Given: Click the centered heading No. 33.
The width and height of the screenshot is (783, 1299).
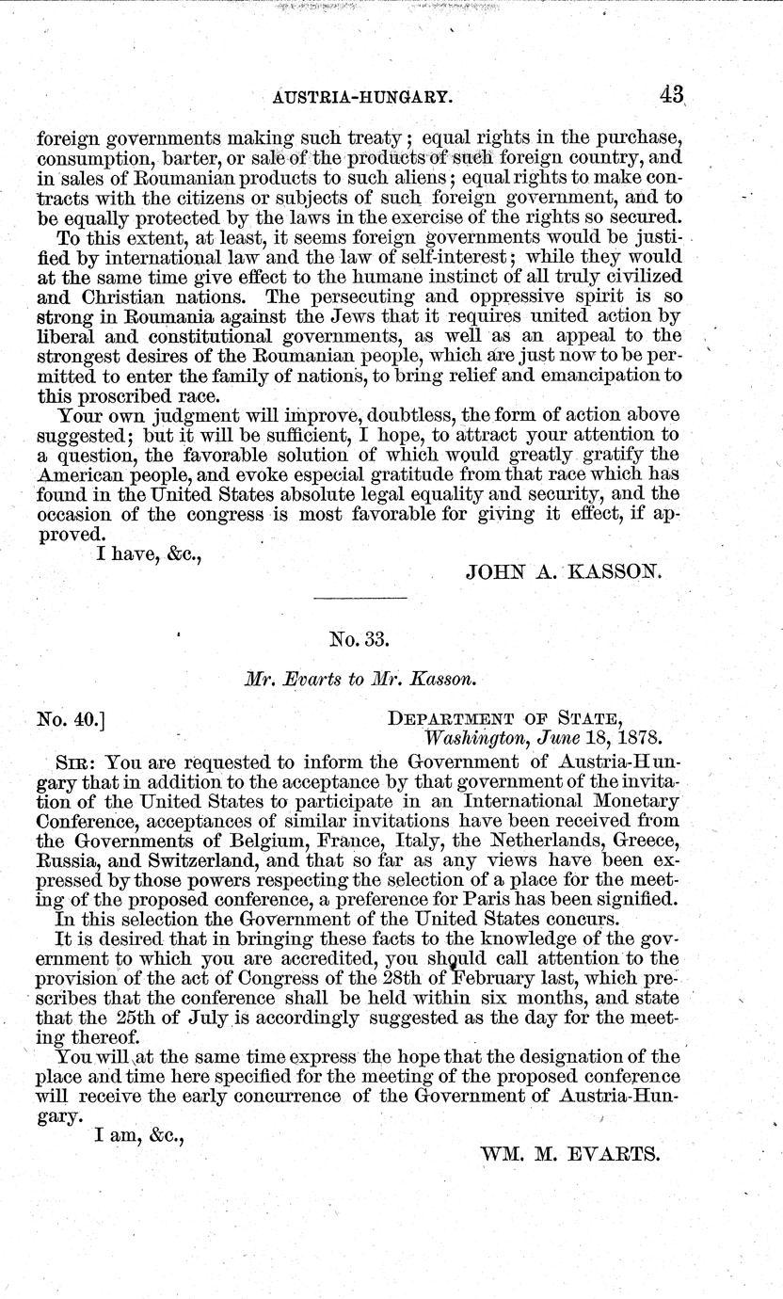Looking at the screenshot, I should click(359, 640).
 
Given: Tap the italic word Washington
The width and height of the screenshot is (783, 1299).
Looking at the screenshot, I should click(473, 739).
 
